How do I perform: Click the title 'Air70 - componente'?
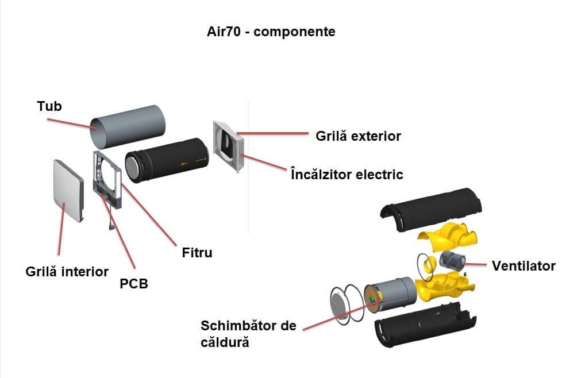coord(271,31)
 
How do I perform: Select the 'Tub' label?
coord(49,106)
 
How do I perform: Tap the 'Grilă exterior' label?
coord(358,136)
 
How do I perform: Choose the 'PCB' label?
coord(134,283)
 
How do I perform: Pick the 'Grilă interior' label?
coord(67,271)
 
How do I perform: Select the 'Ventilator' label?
coord(523,266)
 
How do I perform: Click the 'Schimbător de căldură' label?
coord(248,334)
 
